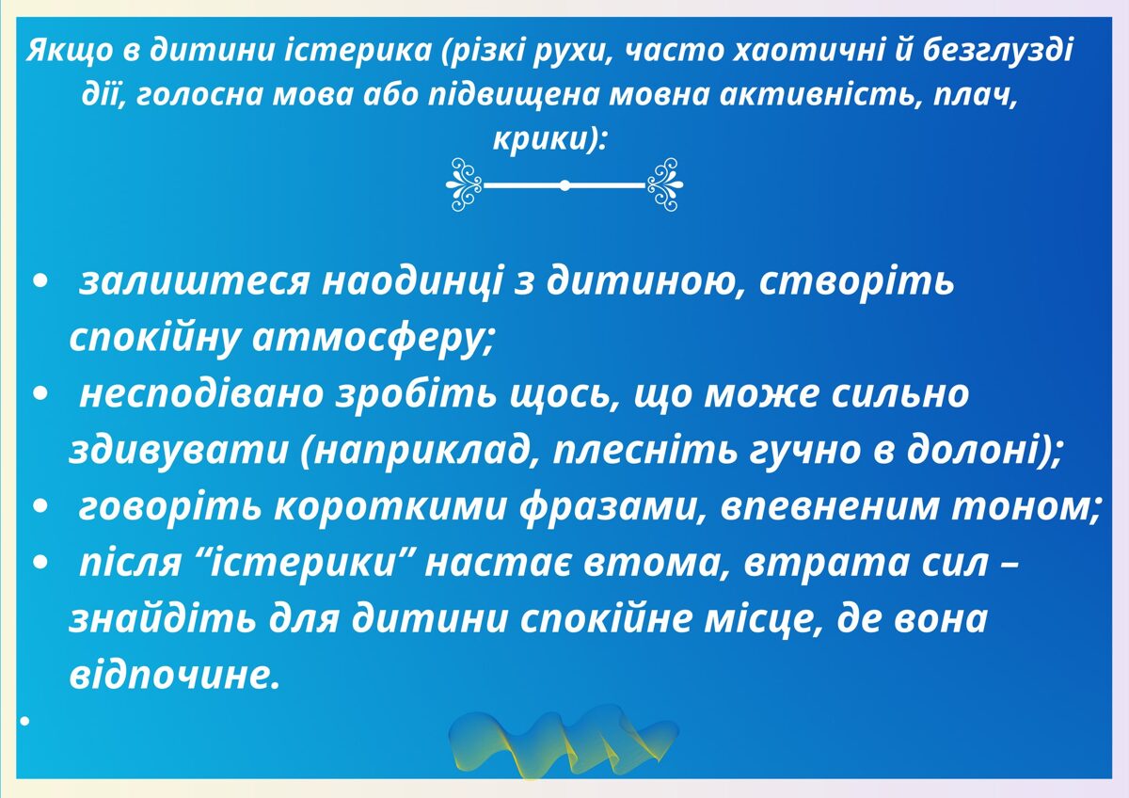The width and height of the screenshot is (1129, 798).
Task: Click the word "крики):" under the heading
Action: coord(549,138)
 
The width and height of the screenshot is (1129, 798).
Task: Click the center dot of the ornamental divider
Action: coord(565,185)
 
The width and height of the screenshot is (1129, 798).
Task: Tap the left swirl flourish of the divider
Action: coord(464,184)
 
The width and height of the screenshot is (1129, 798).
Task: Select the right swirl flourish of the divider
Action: coord(665,184)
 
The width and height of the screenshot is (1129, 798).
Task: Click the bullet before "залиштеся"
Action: coord(39,282)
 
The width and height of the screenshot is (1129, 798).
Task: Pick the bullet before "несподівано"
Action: coord(39,394)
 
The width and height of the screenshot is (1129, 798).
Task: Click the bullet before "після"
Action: coord(39,564)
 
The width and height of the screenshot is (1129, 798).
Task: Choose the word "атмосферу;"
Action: coord(374,339)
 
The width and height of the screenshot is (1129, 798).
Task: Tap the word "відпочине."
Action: coord(175,676)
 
